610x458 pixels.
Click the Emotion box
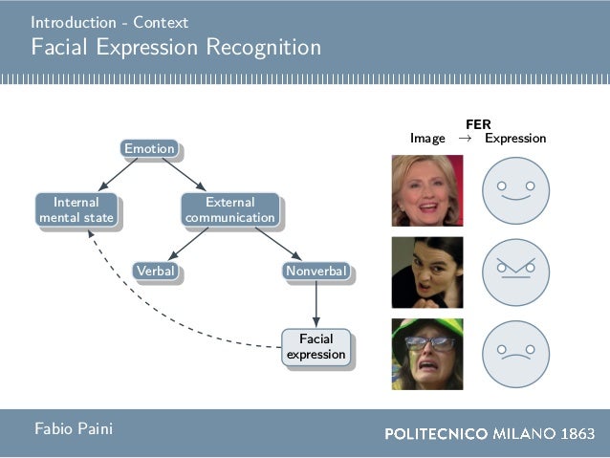pos(150,148)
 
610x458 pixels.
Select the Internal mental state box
pos(76,209)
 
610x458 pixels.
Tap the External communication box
pos(230,209)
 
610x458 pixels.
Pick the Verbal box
pos(156,272)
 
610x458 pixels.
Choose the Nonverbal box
pos(316,272)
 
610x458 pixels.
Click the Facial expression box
pos(316,346)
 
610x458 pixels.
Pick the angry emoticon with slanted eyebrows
pos(516,273)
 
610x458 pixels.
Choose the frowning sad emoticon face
pos(516,354)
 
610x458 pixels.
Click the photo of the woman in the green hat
pos(427,354)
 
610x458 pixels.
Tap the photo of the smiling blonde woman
pos(427,190)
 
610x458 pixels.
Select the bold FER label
pos(478,124)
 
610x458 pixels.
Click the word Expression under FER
pos(515,139)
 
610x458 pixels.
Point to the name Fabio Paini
pos(74,429)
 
